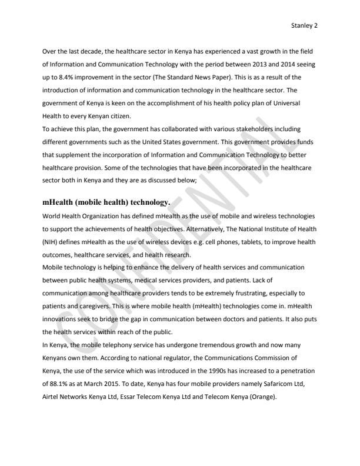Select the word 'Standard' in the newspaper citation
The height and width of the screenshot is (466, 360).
(x=195, y=78)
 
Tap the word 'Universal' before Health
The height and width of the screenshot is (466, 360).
(x=299, y=102)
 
